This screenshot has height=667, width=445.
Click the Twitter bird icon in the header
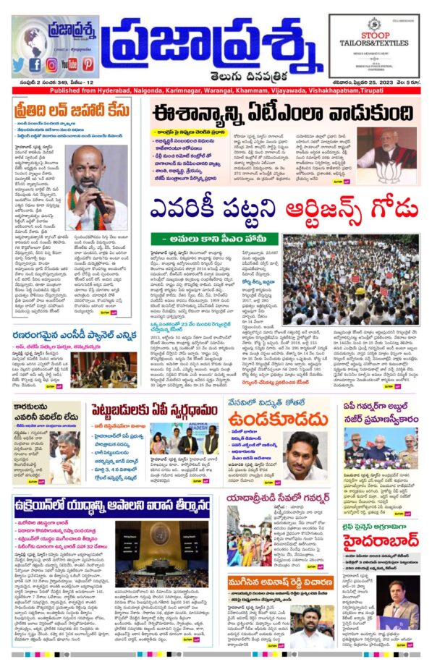pos(19,64)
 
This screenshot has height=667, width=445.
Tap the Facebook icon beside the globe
pos(35,64)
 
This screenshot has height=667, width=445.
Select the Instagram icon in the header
pos(51,64)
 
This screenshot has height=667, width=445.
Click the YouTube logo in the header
pos(69,64)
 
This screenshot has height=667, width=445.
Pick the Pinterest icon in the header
pos(88,64)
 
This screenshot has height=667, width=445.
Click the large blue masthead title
pos(214,48)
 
